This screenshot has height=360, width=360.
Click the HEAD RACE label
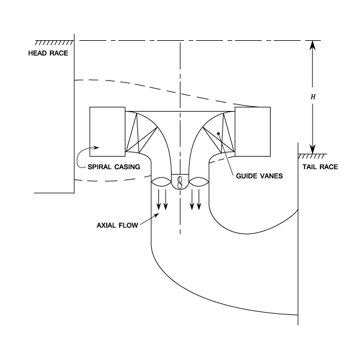click(x=48, y=53)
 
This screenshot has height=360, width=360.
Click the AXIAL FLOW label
click(x=118, y=226)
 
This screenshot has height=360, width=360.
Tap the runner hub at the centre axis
click(x=180, y=181)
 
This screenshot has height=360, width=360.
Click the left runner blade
click(x=161, y=181)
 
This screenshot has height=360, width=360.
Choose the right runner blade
click(x=199, y=181)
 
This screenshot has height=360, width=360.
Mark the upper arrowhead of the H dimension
click(x=312, y=44)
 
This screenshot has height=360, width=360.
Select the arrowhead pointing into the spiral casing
click(x=96, y=146)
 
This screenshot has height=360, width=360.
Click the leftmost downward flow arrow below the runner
click(x=159, y=201)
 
